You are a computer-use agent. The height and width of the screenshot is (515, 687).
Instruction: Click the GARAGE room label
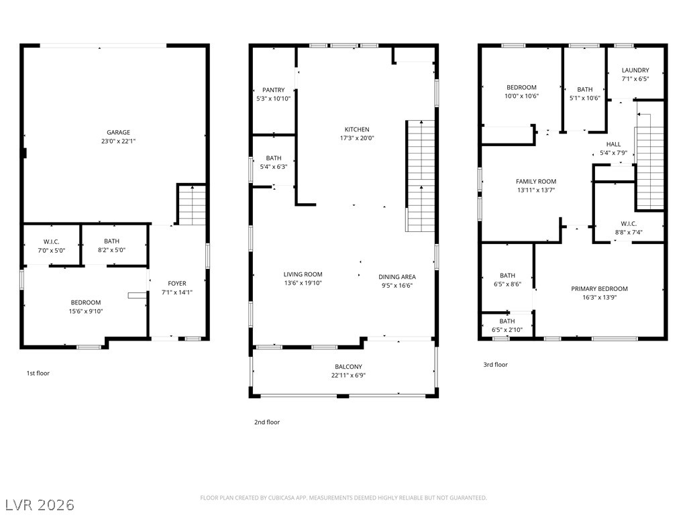tap(118, 132)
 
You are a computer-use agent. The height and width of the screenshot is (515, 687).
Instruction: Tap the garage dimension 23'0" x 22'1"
tap(118, 141)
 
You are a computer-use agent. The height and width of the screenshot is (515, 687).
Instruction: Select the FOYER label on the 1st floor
tap(177, 284)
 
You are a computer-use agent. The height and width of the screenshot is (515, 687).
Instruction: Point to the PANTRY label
tap(274, 90)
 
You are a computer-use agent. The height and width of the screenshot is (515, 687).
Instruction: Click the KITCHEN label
tap(357, 129)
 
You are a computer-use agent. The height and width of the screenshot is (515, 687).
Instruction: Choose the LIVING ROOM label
tap(303, 274)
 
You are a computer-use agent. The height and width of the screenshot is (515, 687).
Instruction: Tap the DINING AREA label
tap(397, 277)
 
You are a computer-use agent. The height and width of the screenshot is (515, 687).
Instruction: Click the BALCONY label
tap(348, 367)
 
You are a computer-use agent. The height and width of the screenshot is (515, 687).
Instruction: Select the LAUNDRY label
tap(635, 70)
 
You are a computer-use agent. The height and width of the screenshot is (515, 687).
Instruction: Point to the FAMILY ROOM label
tap(536, 181)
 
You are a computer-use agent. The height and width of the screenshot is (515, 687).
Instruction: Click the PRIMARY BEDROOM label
tap(599, 288)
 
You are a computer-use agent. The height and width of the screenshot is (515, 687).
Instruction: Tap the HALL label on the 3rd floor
tap(613, 144)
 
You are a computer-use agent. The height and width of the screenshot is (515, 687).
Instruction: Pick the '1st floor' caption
tap(38, 373)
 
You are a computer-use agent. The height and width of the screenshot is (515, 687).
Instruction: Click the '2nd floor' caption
tap(267, 422)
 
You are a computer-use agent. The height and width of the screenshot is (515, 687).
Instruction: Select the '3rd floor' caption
tap(496, 364)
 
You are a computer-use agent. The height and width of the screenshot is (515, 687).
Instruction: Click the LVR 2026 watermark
tap(38, 504)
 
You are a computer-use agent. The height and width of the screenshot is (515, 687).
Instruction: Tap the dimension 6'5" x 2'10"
tap(507, 330)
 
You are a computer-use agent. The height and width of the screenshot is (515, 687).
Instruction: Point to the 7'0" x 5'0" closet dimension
tap(51, 251)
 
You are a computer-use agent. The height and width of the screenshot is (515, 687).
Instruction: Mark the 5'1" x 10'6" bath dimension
tap(585, 98)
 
